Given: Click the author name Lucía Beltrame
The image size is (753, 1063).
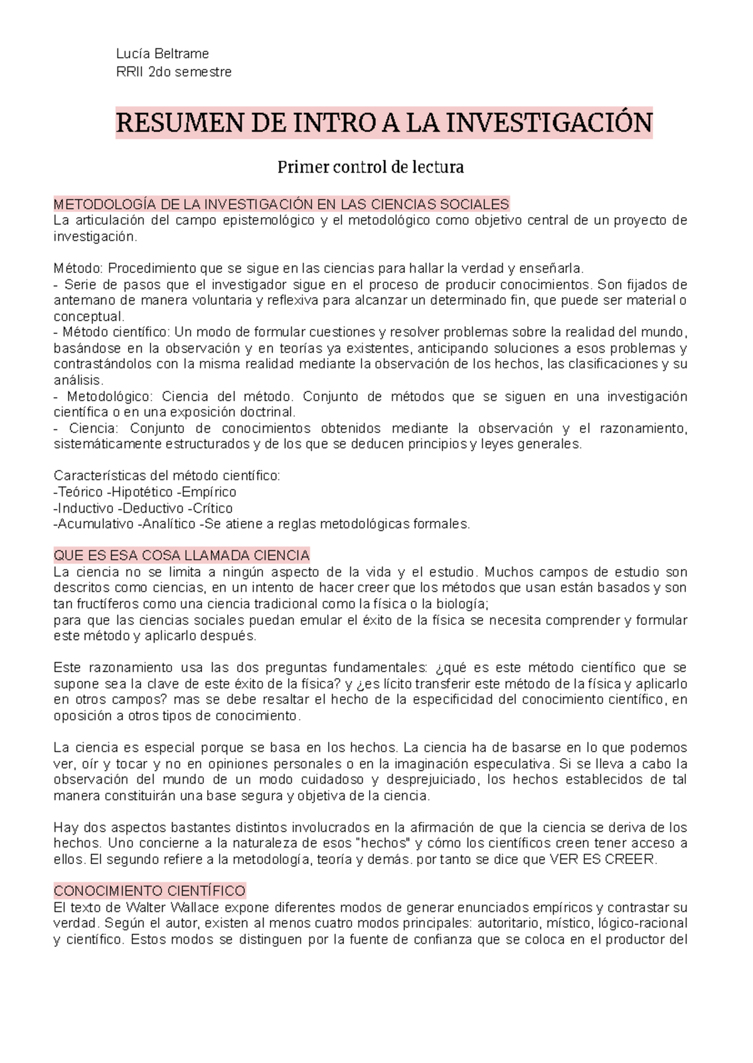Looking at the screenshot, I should click(163, 54).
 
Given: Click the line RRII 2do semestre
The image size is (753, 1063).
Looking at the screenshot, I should click(174, 72).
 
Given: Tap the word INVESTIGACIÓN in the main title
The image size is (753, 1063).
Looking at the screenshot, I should click(550, 122).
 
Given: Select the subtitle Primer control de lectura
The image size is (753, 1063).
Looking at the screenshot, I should click(370, 168).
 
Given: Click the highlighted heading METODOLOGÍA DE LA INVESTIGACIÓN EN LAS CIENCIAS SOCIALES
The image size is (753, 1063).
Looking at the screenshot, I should click(281, 204).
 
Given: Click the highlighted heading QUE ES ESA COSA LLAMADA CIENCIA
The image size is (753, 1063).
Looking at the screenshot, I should click(181, 555).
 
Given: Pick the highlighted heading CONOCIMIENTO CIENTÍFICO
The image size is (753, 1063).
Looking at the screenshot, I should click(149, 891).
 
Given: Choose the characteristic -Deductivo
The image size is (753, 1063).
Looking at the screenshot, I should click(151, 508).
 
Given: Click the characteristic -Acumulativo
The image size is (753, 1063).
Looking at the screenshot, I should click(93, 524).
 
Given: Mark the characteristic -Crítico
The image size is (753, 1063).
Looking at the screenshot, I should click(211, 508).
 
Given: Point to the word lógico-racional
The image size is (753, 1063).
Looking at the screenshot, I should click(643, 923).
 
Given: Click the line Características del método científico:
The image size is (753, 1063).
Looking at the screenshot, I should click(167, 476).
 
